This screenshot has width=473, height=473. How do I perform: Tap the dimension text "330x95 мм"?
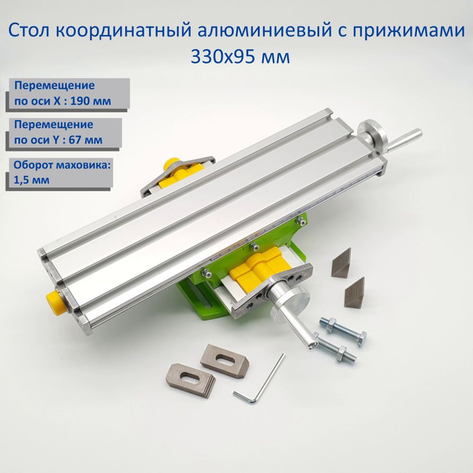pos(236,57)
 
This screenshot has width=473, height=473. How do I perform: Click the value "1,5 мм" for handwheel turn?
pos(29,180)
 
